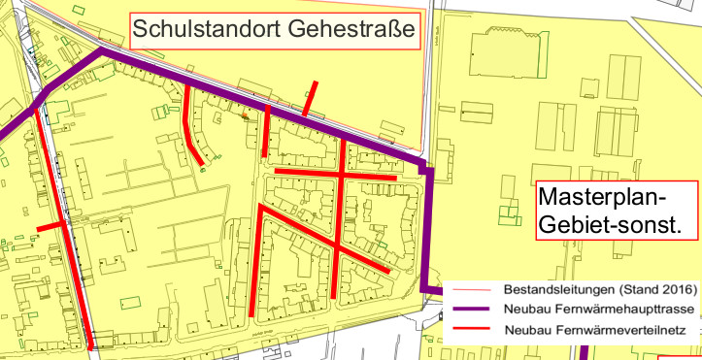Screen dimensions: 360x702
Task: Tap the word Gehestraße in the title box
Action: pos(351,30)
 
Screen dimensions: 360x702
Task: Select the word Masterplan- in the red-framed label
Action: pos(602,198)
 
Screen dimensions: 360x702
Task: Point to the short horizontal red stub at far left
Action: pos(51,227)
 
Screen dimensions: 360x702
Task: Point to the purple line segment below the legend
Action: pos(583,351)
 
